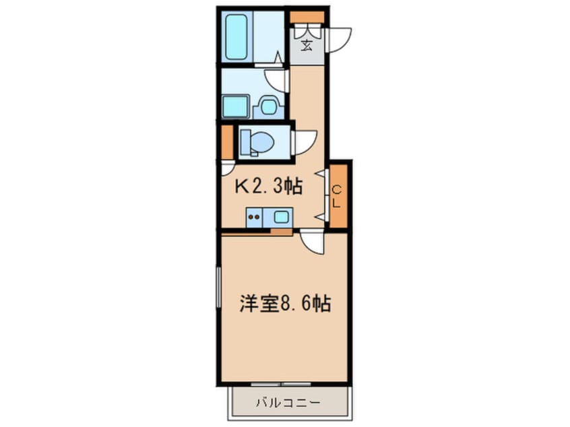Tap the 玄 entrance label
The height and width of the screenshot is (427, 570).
point(307,46)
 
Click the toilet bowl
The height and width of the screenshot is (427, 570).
point(259,142)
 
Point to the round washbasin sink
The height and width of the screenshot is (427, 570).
point(269,106)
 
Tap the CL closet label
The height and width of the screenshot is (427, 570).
point(338,195)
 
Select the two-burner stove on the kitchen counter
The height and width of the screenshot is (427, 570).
point(255,218)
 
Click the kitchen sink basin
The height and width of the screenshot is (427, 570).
point(281,217)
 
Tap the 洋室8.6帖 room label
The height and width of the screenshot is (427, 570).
point(285,304)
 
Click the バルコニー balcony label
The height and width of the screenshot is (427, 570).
point(288,403)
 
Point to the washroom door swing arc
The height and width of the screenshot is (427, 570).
point(278,80)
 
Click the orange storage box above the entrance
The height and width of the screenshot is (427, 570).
point(307,17)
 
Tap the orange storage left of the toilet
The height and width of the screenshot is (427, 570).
point(227,142)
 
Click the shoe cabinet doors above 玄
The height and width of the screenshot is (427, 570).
point(307,32)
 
